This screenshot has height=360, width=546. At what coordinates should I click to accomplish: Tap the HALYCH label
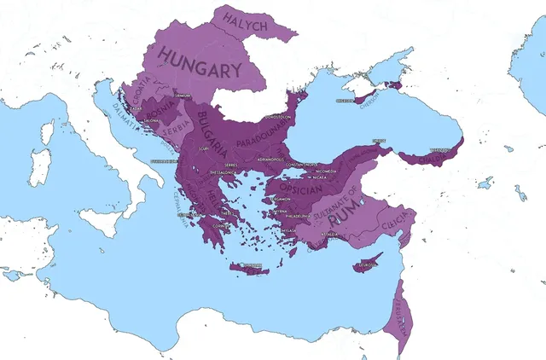245,21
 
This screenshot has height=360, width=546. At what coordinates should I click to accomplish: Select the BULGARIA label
212,130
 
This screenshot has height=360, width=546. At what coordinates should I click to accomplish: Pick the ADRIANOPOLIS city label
265,159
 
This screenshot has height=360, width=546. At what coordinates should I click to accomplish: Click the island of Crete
248,268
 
